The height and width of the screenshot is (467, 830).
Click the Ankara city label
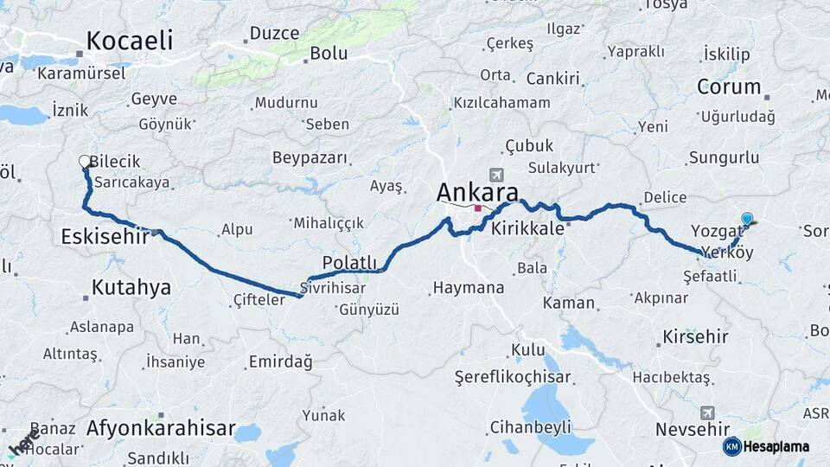coord(477,192)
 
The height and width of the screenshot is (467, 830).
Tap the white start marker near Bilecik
coord(85,161)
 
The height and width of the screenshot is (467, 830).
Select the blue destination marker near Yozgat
coord(747,219)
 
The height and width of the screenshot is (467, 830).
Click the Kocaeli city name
coord(130,40)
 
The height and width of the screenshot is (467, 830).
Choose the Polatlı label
coord(350,262)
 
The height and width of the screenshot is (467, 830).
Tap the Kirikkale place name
coord(527,229)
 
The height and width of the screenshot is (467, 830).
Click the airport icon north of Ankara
coord(495,173)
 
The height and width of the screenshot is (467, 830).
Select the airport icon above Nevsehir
coord(708,413)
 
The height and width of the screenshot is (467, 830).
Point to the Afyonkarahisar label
coord(161,427)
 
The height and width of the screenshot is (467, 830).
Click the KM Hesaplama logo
coord(766,446)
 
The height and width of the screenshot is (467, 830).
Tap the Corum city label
coord(729,87)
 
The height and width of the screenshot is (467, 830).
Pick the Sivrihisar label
coord(333,286)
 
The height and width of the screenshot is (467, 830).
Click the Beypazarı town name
coord(310,158)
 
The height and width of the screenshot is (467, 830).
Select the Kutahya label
coord(131,287)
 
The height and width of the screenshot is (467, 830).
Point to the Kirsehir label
coord(697,335)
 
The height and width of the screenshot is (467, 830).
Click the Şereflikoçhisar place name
coord(513,377)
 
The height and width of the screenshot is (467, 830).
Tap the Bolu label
coord(329,53)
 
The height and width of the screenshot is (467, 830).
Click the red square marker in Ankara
coord(477,208)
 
